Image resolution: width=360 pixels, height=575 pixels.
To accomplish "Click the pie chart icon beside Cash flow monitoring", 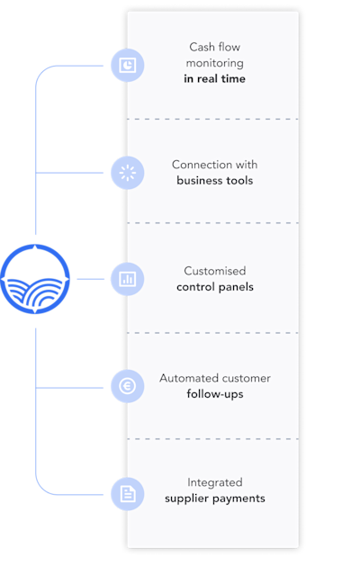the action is [x=128, y=66].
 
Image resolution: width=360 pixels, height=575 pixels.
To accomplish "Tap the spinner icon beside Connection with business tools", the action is [x=128, y=173].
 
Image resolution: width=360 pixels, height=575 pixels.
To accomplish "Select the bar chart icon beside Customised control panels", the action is [x=128, y=279].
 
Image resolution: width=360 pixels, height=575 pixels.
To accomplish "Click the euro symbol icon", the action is [x=128, y=386].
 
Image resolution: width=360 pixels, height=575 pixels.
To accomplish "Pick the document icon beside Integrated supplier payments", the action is [x=128, y=494].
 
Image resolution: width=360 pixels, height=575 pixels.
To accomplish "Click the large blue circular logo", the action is [x=35, y=279].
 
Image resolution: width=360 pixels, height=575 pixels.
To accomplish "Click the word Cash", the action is [x=201, y=47].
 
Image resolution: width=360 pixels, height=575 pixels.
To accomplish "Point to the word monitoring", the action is [x=214, y=63].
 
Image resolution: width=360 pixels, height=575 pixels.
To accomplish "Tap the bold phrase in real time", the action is [x=214, y=79].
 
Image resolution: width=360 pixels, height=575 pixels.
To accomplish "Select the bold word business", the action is [x=200, y=181].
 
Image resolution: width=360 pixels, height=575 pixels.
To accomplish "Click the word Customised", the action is [x=215, y=271].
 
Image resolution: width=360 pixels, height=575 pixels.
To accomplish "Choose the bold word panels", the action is [x=236, y=287].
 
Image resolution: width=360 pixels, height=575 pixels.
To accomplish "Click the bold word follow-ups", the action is [x=215, y=394].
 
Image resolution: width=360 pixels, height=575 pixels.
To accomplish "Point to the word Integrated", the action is [x=215, y=482].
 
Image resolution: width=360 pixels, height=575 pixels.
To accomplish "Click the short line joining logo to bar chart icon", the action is [x=91, y=279].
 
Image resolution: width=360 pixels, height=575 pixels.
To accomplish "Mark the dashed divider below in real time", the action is [x=213, y=119].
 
